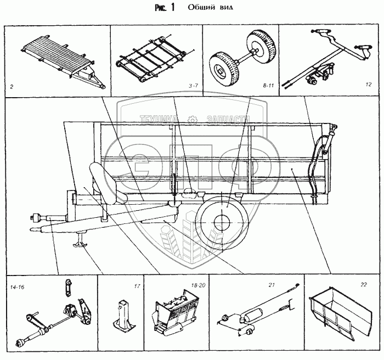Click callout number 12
point(368,85)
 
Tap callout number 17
point(137,286)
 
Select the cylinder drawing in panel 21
point(252,314)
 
